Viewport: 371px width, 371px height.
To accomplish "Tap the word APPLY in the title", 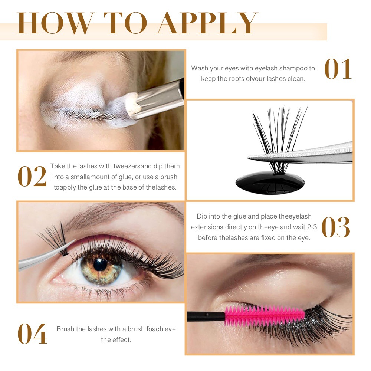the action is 207,23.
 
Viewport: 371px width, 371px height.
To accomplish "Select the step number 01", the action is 338,69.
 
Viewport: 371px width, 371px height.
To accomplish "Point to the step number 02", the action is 32,176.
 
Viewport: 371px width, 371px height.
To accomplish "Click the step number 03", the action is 336,227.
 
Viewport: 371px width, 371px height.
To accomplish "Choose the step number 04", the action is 32,334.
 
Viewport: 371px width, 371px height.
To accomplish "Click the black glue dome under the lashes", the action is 270,183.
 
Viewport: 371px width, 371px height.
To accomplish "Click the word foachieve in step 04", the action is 161,329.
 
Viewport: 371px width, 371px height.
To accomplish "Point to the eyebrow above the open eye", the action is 123,214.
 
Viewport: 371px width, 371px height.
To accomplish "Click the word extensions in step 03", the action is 207,227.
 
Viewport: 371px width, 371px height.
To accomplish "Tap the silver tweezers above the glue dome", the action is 301,154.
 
